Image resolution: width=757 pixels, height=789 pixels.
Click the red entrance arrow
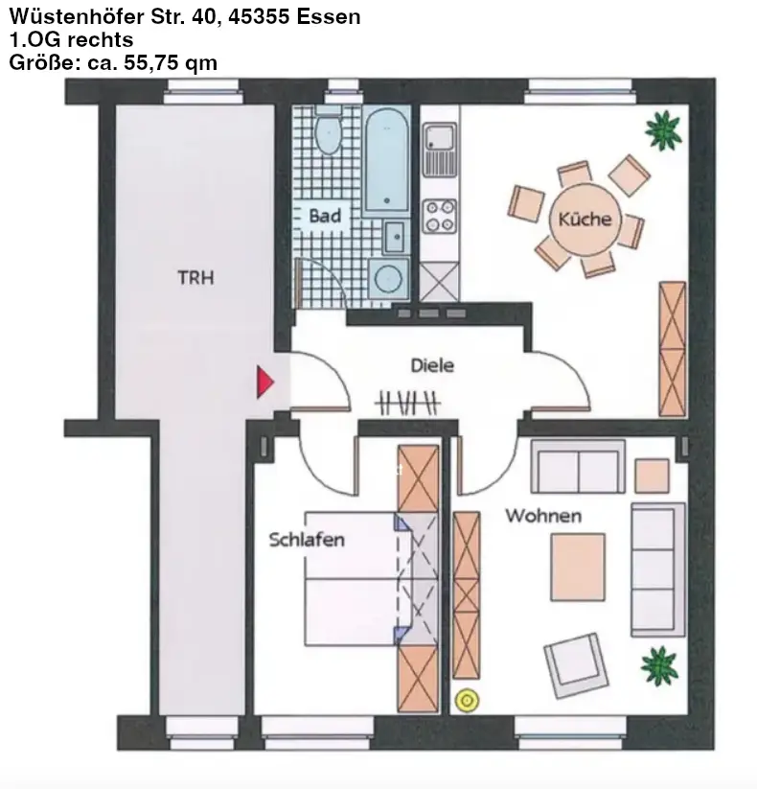[265, 383]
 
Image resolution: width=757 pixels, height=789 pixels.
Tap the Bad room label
[325, 216]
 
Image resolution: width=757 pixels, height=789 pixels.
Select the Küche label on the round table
[585, 219]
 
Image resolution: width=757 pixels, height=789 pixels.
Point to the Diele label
[432, 365]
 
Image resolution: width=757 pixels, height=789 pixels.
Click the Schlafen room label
[307, 540]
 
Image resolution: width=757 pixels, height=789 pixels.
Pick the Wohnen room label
[543, 516]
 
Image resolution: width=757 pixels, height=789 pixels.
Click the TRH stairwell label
[195, 278]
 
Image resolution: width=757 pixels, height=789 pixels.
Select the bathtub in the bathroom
[386, 159]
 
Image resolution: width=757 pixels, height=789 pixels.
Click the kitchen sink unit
[440, 150]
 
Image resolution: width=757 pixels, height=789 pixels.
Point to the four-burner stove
[439, 217]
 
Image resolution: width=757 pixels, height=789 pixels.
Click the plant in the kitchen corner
[664, 130]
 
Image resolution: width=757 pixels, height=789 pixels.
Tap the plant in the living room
[659, 666]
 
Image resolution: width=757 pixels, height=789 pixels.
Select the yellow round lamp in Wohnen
[467, 701]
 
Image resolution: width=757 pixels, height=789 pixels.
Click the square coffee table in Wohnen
[578, 568]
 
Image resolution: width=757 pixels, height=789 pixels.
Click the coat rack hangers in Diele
[407, 403]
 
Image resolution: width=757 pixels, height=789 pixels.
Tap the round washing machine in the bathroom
[388, 278]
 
